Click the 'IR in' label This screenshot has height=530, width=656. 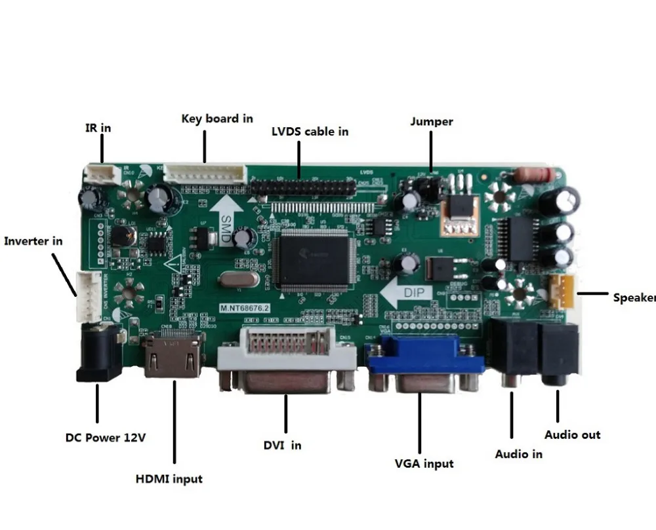[98, 128]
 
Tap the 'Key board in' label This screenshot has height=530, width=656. [217, 119]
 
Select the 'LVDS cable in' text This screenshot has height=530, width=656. [310, 131]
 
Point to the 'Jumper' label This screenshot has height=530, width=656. [431, 121]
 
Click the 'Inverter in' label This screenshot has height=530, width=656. [33, 241]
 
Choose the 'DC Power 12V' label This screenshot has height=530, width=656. [105, 438]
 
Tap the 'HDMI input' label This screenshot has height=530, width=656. [169, 479]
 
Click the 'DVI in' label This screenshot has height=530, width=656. [282, 445]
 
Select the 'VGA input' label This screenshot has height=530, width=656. [424, 463]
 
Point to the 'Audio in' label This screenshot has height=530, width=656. [518, 453]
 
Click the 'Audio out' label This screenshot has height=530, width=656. [572, 434]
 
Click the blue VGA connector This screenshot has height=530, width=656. [425, 364]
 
